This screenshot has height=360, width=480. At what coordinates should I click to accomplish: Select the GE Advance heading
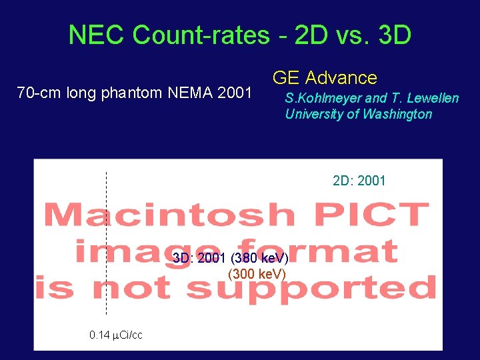[x=325, y=78]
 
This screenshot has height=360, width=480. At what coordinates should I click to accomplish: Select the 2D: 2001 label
[x=359, y=180]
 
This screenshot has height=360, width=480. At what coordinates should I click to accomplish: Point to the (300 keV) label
[x=257, y=274]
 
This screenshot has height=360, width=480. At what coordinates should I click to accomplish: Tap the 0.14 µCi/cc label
[x=115, y=335]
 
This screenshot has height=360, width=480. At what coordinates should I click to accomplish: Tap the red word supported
[x=311, y=289]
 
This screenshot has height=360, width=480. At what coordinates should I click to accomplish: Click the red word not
[x=135, y=289]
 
